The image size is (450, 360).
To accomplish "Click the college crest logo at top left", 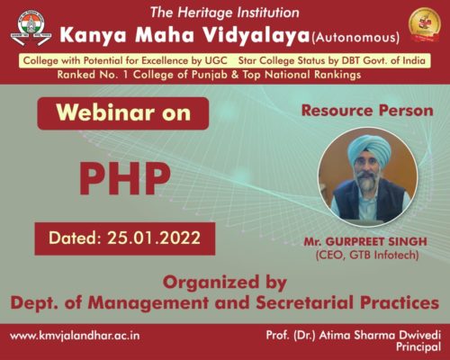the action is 31,29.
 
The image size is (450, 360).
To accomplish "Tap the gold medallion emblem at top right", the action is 425,25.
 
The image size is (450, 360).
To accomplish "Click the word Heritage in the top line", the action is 205,13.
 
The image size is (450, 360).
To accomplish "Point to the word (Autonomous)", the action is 355,38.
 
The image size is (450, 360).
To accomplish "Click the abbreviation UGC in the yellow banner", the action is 216,60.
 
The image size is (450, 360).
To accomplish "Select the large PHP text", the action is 124,178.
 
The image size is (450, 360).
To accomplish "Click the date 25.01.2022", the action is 154,238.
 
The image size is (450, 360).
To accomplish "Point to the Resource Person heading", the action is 367,111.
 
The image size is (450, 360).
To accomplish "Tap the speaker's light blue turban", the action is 369,148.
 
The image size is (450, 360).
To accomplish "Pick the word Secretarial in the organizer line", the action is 305,302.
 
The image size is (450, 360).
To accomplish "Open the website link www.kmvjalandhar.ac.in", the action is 75,336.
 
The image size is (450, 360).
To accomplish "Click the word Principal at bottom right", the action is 418,347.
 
